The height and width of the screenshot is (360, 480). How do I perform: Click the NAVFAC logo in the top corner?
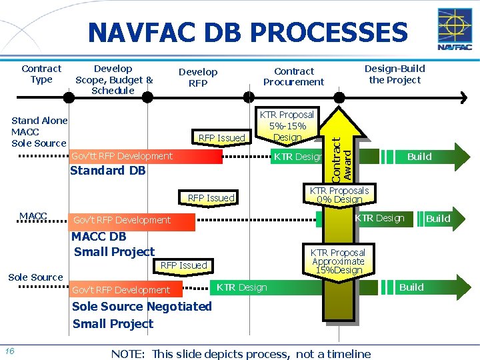pyautogui.click(x=455, y=29)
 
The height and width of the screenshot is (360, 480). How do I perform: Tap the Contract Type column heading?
pyautogui.click(x=41, y=74)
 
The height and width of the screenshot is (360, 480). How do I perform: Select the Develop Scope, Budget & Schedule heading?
pyautogui.click(x=113, y=79)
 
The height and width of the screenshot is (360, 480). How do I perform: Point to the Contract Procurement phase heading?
pyautogui.click(x=293, y=77)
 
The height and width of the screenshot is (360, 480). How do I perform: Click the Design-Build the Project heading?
pyautogui.click(x=395, y=74)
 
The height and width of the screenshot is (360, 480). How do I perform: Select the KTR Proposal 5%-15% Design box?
pyautogui.click(x=287, y=126)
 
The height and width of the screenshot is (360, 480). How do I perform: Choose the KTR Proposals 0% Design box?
pyautogui.click(x=339, y=195)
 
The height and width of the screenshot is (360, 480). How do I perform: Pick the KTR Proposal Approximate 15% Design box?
pyautogui.click(x=338, y=261)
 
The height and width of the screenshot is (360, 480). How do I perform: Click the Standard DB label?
pyautogui.click(x=107, y=171)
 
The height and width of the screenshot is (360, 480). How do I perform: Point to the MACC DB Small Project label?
pyautogui.click(x=114, y=244)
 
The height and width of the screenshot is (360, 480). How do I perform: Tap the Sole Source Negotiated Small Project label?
pyautogui.click(x=141, y=315)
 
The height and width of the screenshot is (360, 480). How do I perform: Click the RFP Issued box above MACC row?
pyautogui.click(x=211, y=198)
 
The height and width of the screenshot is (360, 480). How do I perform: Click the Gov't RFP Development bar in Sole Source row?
pyautogui.click(x=121, y=290)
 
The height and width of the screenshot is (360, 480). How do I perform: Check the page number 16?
pyautogui.click(x=9, y=351)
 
